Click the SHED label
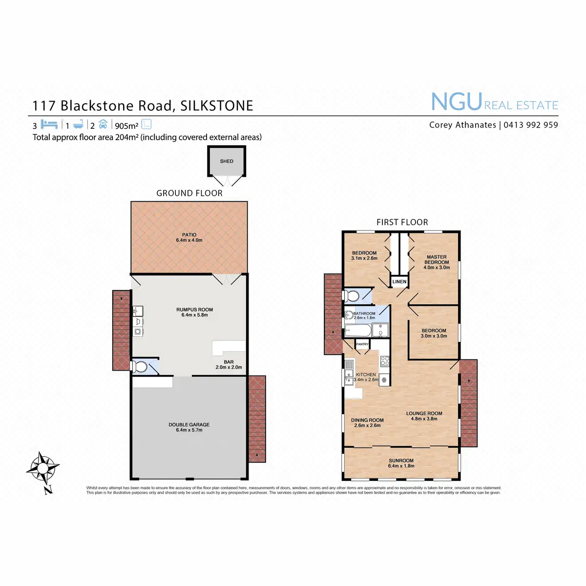227,161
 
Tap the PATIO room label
189,235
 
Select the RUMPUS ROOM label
194,310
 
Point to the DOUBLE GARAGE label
189,425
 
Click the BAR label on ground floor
229,362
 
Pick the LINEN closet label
399,282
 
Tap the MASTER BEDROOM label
437,259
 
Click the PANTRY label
362,344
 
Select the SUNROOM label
401,460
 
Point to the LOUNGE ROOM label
424,413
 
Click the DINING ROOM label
367,420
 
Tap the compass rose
43,468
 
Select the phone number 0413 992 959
530,125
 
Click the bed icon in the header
49,124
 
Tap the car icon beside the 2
103,124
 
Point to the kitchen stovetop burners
385,361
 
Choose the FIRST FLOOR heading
402,222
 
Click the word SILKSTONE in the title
217,106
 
